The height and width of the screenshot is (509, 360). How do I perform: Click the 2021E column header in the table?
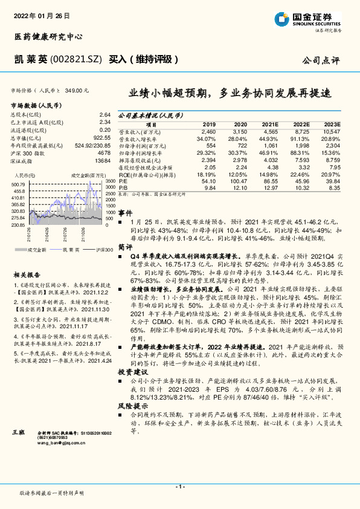pos(269,123)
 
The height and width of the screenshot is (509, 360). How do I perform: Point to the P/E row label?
pos(123,181)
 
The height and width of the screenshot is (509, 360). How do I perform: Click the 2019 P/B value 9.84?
pos(210,188)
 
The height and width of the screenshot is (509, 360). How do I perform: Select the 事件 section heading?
pos(125,213)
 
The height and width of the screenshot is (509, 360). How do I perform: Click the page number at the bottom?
pos(180,487)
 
